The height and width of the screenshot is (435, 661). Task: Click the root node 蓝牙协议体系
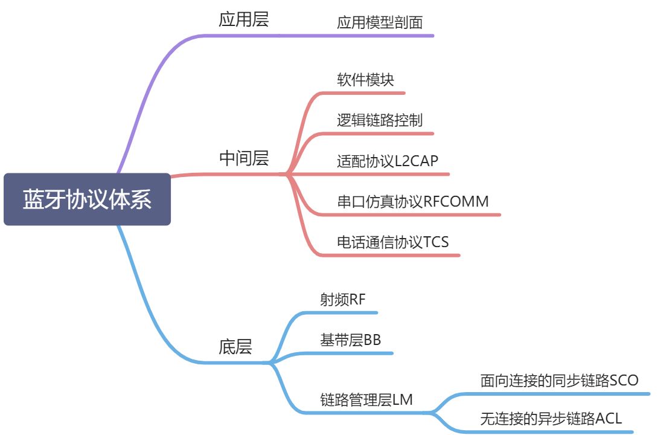87,199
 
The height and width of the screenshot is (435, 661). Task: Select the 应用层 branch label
243,19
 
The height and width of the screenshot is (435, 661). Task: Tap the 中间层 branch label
243,158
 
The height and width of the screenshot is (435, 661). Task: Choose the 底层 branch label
235,347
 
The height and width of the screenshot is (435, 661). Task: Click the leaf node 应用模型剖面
380,23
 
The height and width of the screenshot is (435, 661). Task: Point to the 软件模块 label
365,80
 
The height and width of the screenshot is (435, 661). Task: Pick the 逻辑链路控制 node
380,120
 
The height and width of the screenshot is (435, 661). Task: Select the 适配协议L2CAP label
388,161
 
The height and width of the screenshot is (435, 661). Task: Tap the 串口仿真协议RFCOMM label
413,201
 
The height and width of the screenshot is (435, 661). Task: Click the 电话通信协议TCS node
393,242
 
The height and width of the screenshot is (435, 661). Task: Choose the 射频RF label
343,300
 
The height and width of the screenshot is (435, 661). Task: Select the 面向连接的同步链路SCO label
559,380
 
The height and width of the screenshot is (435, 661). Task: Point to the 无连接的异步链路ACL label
551,418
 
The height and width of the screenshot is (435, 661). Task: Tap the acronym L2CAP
416,161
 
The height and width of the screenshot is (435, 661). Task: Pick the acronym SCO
624,380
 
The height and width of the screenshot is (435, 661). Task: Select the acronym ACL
609,418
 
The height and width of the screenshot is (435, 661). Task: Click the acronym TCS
436,242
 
